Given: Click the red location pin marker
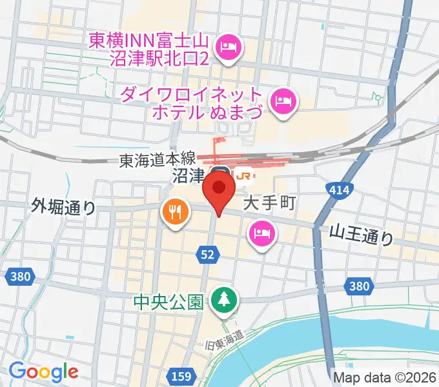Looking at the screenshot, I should pos(218,191).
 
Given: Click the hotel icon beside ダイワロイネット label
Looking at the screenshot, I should pos(283,101).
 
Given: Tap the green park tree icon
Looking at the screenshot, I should pos(225,299).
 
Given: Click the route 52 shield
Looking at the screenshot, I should pos(207,255).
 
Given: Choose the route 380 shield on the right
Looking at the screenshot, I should pos(358,286).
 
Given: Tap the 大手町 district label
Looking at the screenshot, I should pos(269,204).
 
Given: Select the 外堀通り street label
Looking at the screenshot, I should pos(63,207).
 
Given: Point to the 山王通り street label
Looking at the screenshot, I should pos(361,235).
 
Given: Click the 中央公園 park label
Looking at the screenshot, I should pos(168,301).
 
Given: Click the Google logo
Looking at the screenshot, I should pos(43,372).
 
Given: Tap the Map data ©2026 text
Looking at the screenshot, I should pos(385,377).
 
